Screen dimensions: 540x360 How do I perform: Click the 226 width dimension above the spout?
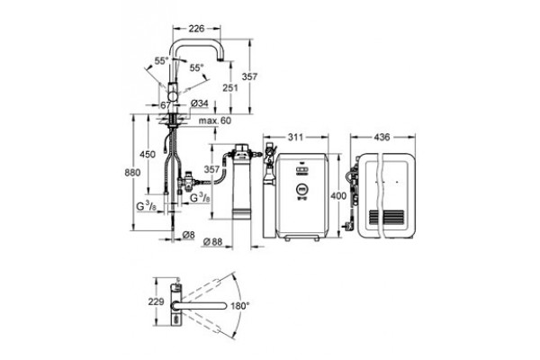[x=196, y=28]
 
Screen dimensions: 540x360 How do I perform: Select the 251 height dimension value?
[x=230, y=88]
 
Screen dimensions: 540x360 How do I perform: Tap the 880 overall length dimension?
[x=132, y=172]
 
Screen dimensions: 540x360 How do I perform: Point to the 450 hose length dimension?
[x=148, y=154]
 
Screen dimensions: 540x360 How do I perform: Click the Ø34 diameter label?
[x=199, y=103]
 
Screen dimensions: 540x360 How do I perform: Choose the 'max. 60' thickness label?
[x=215, y=121]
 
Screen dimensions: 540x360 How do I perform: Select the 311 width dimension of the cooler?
[x=295, y=137]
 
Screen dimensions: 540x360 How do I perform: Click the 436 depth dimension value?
[x=382, y=137]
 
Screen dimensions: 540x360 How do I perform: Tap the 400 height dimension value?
[x=338, y=196]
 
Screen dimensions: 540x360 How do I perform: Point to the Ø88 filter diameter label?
[x=212, y=242]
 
